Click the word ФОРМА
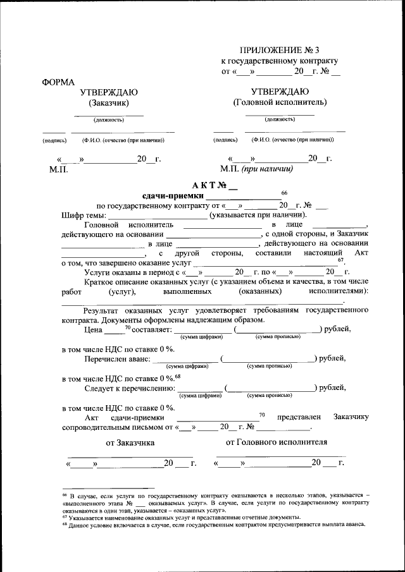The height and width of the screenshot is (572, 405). pos(58,82)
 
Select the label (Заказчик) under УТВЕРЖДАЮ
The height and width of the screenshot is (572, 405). pos(108,102)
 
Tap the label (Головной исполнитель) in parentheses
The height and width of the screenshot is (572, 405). pos(280,102)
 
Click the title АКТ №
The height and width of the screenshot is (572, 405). pos(214,186)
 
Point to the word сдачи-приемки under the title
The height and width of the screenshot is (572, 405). pos(169,196)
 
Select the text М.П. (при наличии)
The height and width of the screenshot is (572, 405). pos(256,169)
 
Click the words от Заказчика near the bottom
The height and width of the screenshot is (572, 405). pos(130,443)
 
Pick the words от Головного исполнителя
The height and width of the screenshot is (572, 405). pos(277,442)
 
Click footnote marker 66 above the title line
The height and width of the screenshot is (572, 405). pos(284,192)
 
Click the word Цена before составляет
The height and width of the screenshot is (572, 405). pos(93,329)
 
